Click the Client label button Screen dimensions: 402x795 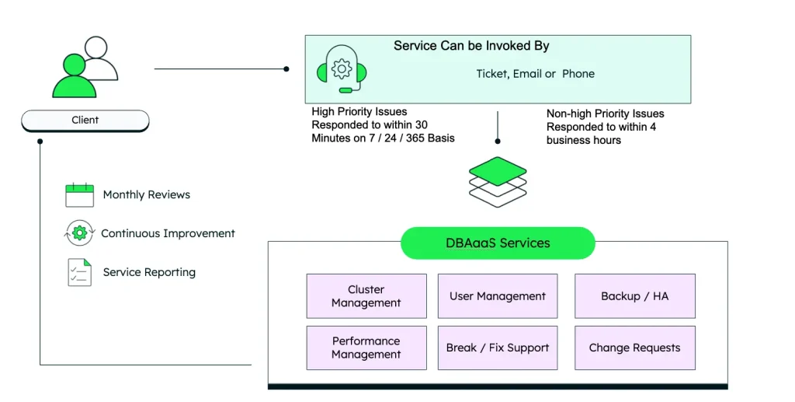pyautogui.click(x=85, y=121)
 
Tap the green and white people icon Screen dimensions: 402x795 pyautogui.click(x=85, y=68)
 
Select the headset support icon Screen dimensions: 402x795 pyautogui.click(x=342, y=69)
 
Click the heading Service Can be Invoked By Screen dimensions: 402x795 pyautogui.click(x=471, y=46)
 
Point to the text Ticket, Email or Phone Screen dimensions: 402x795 pyautogui.click(x=535, y=74)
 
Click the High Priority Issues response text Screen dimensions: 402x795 pyautogui.click(x=383, y=125)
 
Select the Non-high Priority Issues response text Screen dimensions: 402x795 pyautogui.click(x=605, y=127)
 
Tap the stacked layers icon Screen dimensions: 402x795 pyautogui.click(x=498, y=181)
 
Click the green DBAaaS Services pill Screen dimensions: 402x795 pyautogui.click(x=498, y=243)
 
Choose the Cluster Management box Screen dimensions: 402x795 pyautogui.click(x=366, y=296)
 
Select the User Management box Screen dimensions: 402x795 pyautogui.click(x=498, y=296)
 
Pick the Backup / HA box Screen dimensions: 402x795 pyautogui.click(x=634, y=296)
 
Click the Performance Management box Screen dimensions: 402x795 pyautogui.click(x=366, y=348)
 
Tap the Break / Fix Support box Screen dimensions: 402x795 pyautogui.click(x=498, y=348)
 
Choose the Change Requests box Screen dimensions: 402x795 pyautogui.click(x=634, y=348)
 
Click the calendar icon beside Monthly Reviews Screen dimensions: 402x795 pyautogui.click(x=79, y=194)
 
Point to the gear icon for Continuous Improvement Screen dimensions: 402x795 pyautogui.click(x=79, y=233)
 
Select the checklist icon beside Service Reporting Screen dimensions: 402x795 pyautogui.click(x=79, y=272)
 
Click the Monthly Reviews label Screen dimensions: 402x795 pyautogui.click(x=147, y=194)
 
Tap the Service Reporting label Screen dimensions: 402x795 pyautogui.click(x=149, y=272)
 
